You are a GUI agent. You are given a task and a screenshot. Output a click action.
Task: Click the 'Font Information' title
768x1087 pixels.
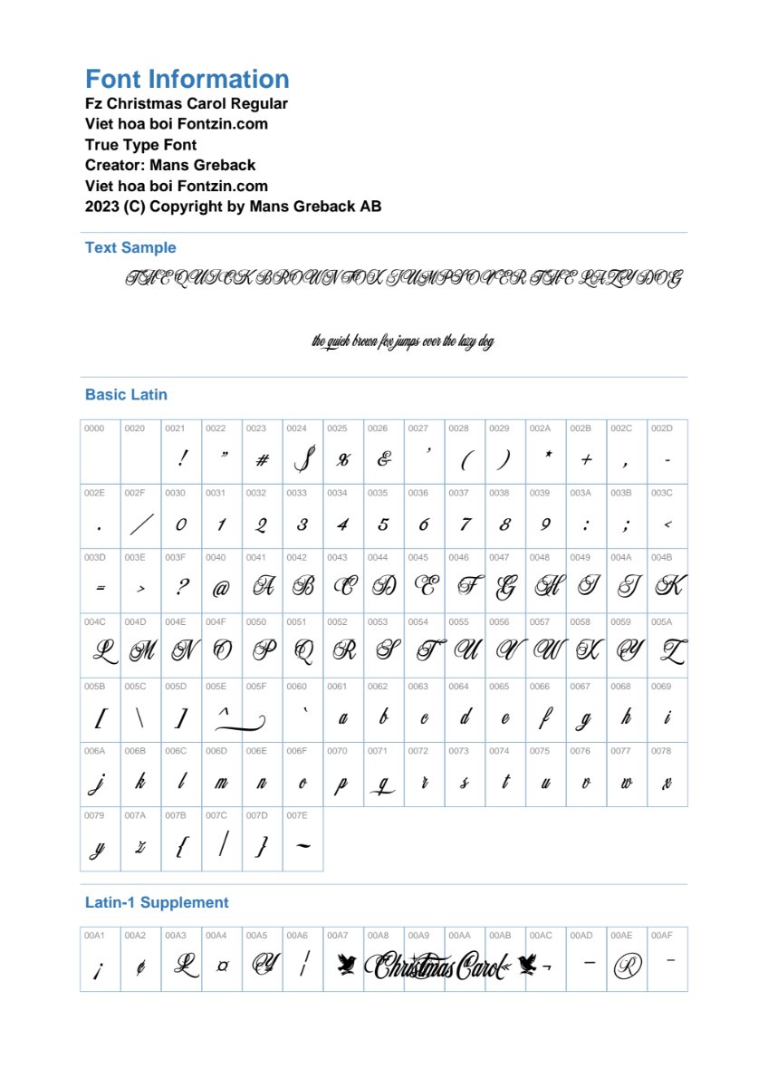pyautogui.click(x=187, y=79)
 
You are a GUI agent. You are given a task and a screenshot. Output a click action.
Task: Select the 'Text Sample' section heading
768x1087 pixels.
pyautogui.click(x=130, y=247)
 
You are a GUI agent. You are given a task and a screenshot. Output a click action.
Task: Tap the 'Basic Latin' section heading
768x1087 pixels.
pyautogui.click(x=126, y=394)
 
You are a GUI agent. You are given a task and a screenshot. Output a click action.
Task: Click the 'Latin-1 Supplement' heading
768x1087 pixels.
pyautogui.click(x=157, y=902)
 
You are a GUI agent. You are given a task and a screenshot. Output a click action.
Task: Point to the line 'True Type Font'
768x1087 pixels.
pyautogui.click(x=140, y=145)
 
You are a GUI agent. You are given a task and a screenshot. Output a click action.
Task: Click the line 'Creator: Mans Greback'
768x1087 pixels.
pyautogui.click(x=170, y=165)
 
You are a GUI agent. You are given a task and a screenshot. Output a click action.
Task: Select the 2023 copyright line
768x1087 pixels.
pyautogui.click(x=233, y=206)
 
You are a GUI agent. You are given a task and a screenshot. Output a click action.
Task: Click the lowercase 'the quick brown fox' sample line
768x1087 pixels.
pyautogui.click(x=403, y=341)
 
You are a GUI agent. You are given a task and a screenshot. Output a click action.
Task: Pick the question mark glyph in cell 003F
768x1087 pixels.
pyautogui.click(x=181, y=588)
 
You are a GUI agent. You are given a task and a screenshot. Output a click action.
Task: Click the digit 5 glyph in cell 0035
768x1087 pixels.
pyautogui.click(x=383, y=524)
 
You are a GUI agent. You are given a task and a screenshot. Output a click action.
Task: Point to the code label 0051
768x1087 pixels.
pyautogui.click(x=296, y=622)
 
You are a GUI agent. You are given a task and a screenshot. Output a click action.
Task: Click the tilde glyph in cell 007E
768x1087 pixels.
pyautogui.click(x=302, y=847)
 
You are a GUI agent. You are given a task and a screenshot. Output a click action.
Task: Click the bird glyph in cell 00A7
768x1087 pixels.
pyautogui.click(x=344, y=967)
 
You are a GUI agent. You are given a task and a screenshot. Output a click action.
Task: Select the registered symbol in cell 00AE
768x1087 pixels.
pyautogui.click(x=627, y=967)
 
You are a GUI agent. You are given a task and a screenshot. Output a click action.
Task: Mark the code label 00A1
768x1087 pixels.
pyautogui.click(x=94, y=934)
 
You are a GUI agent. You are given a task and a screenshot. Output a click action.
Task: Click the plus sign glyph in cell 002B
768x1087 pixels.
pyautogui.click(x=586, y=460)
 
